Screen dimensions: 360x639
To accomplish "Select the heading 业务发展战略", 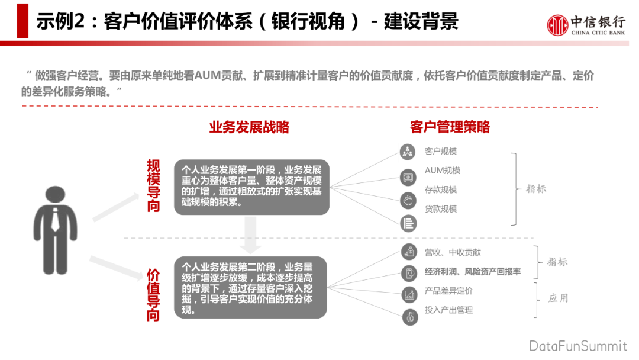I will click(x=249, y=127).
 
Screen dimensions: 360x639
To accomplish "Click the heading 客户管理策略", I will click(x=450, y=127).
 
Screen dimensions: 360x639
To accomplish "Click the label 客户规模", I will click(x=441, y=152).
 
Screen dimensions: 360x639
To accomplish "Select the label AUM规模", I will click(x=443, y=171).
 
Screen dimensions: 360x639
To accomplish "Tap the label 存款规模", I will click(x=441, y=190).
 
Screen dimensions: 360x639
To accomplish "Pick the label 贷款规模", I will click(x=441, y=209).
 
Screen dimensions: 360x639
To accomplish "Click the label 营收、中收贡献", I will click(x=453, y=253).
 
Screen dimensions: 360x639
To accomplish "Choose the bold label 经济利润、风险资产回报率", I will click(x=473, y=272).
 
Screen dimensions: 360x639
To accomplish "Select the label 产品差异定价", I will click(x=448, y=291).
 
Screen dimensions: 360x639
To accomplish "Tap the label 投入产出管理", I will click(x=448, y=310).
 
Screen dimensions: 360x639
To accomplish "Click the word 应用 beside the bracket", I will click(x=558, y=298).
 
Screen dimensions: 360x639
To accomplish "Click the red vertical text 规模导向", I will click(x=154, y=186).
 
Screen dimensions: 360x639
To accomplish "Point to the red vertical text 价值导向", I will click(x=154, y=295).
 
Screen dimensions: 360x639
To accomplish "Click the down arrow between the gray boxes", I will click(x=251, y=234).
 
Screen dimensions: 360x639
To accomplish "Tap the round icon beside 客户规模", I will click(x=407, y=152).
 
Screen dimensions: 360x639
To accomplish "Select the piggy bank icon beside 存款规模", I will click(x=408, y=201).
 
